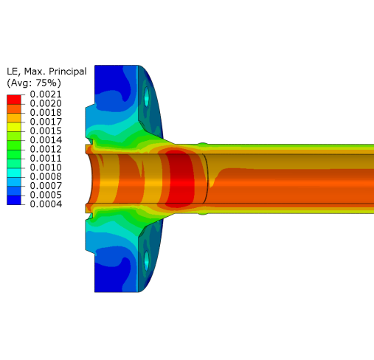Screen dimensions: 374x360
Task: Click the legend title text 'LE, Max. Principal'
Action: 46,72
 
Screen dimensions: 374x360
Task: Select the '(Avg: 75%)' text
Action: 34,83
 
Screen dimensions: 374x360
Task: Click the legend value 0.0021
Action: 46,94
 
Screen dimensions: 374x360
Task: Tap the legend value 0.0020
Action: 46,103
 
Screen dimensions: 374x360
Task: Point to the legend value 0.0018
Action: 46,112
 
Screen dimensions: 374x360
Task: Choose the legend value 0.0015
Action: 46,131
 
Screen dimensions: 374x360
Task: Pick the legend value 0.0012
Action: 46,149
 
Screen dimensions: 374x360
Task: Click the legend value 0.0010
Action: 46,167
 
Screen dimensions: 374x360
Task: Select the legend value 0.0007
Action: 46,186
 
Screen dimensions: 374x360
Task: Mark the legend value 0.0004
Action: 46,204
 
